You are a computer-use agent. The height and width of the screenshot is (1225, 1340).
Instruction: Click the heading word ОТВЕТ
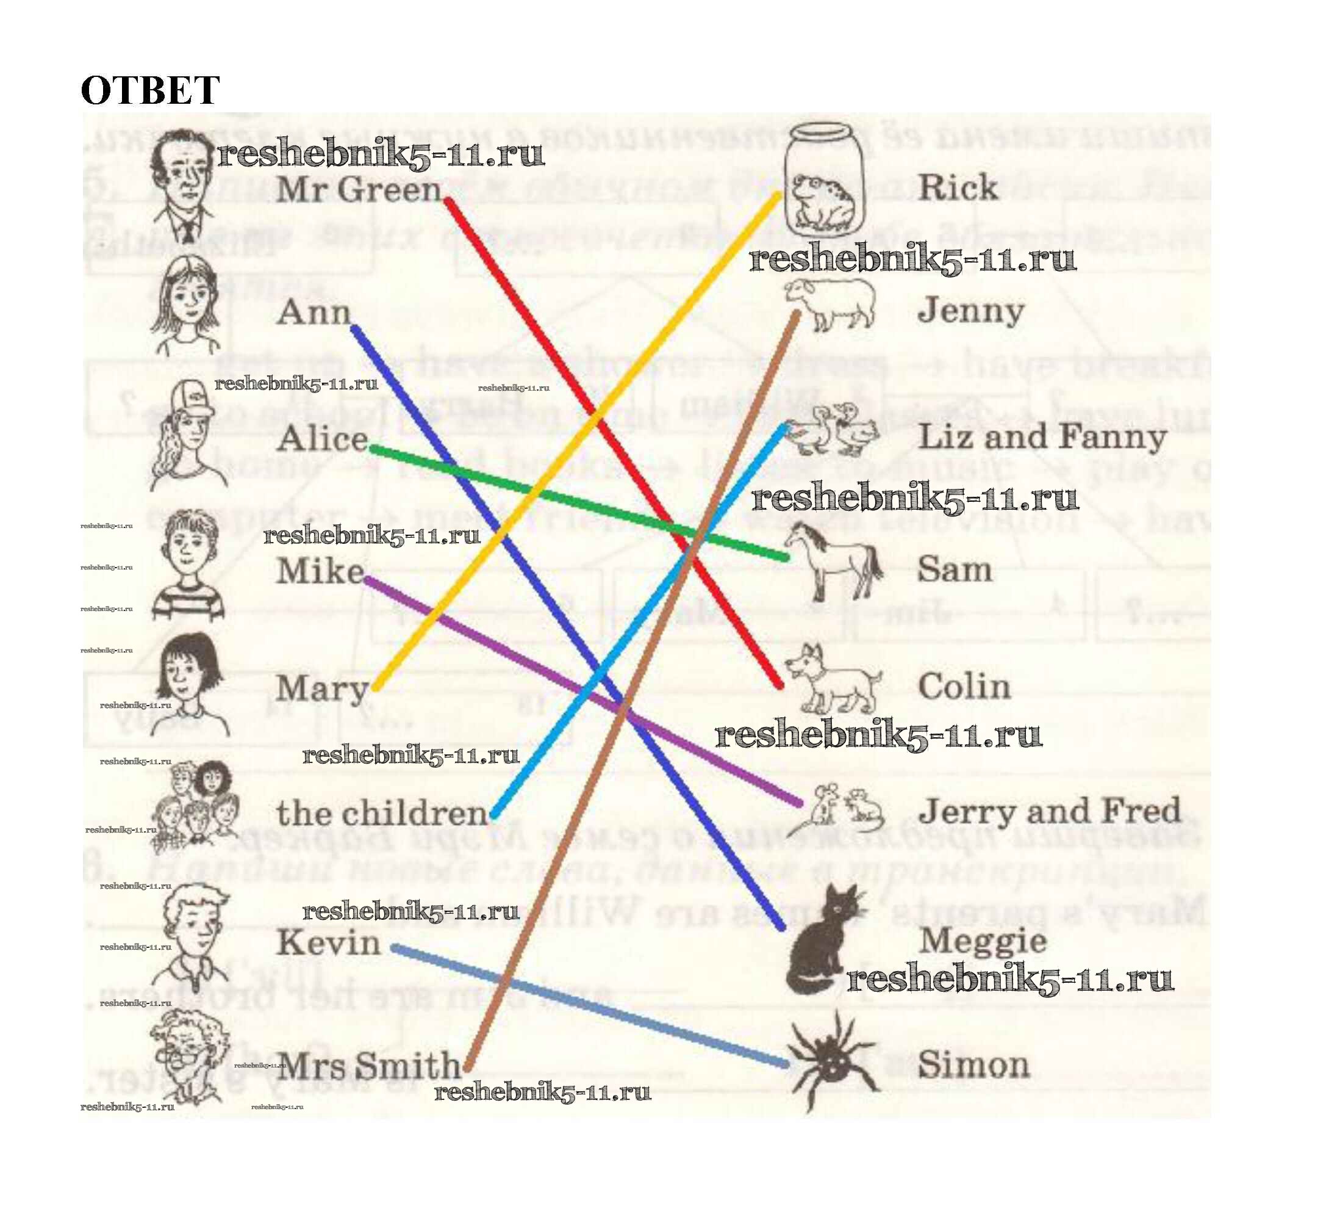[149, 90]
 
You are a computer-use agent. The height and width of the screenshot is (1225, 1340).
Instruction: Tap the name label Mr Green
[358, 190]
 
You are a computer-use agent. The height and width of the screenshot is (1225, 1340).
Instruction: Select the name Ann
[313, 313]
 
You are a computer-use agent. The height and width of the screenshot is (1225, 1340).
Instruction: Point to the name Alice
[323, 439]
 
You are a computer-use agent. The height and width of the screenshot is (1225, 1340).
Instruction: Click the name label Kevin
[328, 943]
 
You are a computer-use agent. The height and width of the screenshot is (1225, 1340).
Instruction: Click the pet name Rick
[957, 188]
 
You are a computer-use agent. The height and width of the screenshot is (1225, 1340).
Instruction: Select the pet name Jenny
[970, 311]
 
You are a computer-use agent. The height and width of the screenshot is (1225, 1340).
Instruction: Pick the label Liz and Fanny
[1042, 438]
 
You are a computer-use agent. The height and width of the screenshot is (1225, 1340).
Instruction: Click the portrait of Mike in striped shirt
[188, 565]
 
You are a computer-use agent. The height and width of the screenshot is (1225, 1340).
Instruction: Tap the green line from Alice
[578, 503]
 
